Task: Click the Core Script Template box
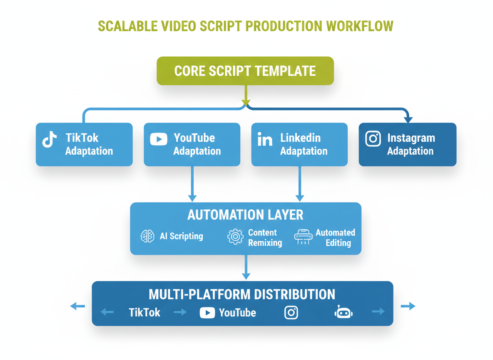click(245, 71)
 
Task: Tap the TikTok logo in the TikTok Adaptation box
click(50, 140)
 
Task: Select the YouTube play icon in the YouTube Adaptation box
click(159, 139)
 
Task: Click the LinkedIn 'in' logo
click(265, 140)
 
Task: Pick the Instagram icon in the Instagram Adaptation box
click(373, 139)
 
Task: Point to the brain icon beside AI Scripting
click(148, 236)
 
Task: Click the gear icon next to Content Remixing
click(235, 236)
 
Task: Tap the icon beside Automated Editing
click(303, 237)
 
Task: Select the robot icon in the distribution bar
click(344, 312)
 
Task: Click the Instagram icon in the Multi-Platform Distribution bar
click(291, 312)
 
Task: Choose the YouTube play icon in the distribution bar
click(207, 312)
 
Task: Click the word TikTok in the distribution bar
click(144, 312)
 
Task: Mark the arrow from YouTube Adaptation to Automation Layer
click(192, 183)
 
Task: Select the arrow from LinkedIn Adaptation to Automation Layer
click(300, 183)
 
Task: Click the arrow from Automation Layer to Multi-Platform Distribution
click(246, 267)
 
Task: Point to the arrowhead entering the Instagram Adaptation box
click(408, 119)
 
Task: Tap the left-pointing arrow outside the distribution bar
click(77, 307)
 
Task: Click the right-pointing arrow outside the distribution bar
click(408, 307)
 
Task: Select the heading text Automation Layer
click(245, 215)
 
